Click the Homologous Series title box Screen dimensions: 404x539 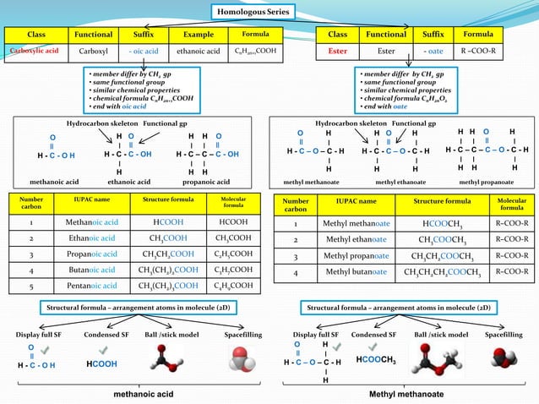253,12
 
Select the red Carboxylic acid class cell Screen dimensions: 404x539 33,51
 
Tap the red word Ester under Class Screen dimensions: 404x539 337,51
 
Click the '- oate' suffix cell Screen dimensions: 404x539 433,51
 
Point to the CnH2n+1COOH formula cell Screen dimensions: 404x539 255,51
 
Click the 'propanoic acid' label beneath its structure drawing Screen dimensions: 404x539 209,182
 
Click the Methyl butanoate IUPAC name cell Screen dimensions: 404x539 356,272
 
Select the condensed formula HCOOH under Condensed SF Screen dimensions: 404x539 101,363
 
